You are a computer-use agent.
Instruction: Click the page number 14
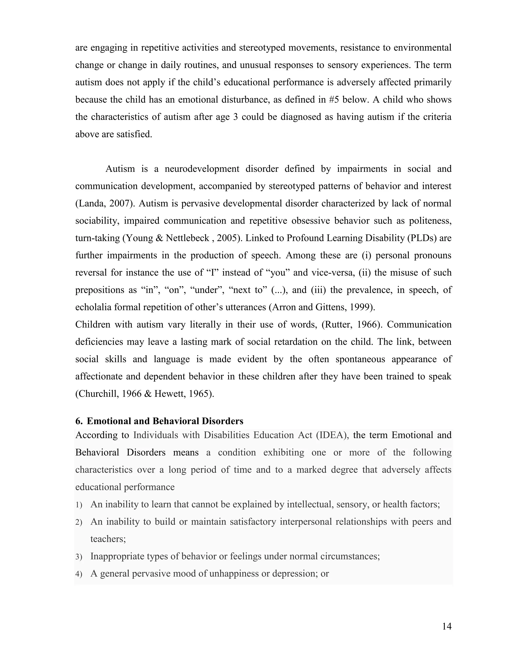coord(446,626)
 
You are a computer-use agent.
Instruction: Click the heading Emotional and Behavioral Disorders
coord(165,421)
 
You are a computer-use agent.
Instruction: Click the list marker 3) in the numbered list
coord(79,557)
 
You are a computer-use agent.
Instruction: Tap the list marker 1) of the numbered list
coord(79,505)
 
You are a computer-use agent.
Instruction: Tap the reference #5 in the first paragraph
coord(334,100)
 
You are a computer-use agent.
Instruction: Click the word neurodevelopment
coord(202,169)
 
